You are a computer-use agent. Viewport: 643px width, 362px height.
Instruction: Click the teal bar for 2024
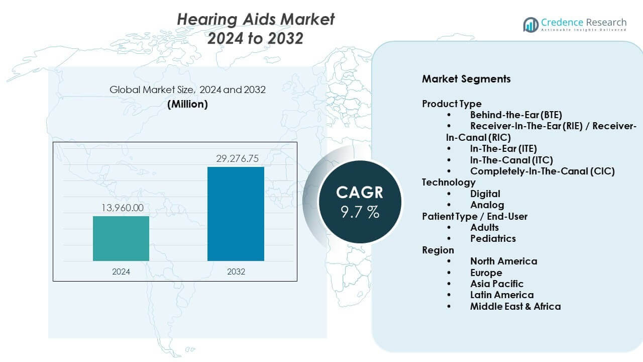pyautogui.click(x=121, y=238)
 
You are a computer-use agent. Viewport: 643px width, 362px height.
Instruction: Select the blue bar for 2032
pyautogui.click(x=236, y=214)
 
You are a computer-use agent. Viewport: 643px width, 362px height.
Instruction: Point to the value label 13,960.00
pyautogui.click(x=121, y=208)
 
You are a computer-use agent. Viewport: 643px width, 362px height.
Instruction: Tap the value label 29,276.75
pyautogui.click(x=236, y=158)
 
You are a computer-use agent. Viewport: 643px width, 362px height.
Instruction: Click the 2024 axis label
pyautogui.click(x=121, y=271)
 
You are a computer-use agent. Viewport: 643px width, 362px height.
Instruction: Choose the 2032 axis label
pyautogui.click(x=236, y=271)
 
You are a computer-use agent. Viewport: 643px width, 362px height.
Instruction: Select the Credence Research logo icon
pyautogui.click(x=531, y=24)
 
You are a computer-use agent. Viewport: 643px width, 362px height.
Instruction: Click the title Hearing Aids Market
pyautogui.click(x=256, y=19)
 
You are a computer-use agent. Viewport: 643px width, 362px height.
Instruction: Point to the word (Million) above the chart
pyautogui.click(x=187, y=104)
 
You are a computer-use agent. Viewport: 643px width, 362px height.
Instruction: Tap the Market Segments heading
pyautogui.click(x=466, y=79)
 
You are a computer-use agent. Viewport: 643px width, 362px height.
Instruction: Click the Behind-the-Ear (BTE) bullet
pyautogui.click(x=516, y=115)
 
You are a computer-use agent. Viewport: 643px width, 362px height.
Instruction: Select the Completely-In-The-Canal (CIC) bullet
pyautogui.click(x=542, y=171)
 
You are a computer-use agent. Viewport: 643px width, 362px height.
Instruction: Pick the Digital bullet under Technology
pyautogui.click(x=485, y=194)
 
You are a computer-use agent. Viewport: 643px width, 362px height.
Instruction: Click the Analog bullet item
pyautogui.click(x=487, y=205)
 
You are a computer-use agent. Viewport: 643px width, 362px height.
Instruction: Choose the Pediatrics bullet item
pyautogui.click(x=493, y=238)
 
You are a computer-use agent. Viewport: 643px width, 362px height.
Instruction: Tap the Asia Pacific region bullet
pyautogui.click(x=496, y=284)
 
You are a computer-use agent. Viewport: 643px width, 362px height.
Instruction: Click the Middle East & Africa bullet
pyautogui.click(x=515, y=306)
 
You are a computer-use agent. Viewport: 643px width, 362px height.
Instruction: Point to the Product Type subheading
pyautogui.click(x=452, y=104)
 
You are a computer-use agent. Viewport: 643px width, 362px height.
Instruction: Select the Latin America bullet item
pyautogui.click(x=501, y=295)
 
